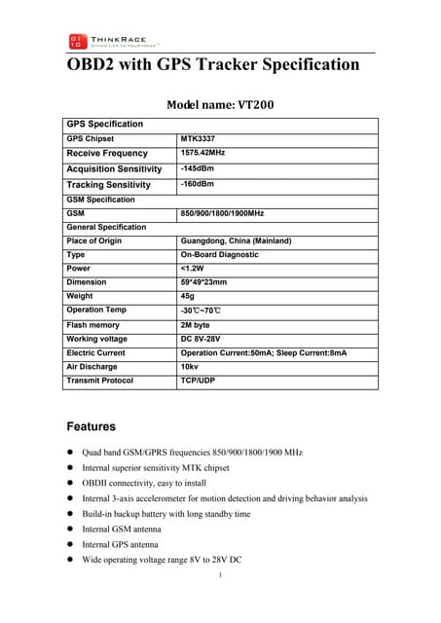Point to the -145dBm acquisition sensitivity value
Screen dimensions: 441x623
click(x=198, y=168)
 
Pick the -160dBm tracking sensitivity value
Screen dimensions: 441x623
click(x=198, y=184)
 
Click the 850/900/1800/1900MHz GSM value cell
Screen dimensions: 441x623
click(x=223, y=212)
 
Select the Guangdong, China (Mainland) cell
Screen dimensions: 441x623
click(x=237, y=240)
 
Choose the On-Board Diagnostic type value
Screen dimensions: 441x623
click(x=220, y=254)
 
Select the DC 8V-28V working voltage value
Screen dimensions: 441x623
click(x=205, y=339)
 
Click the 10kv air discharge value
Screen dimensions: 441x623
click(x=190, y=366)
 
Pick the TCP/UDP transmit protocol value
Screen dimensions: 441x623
click(x=199, y=381)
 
